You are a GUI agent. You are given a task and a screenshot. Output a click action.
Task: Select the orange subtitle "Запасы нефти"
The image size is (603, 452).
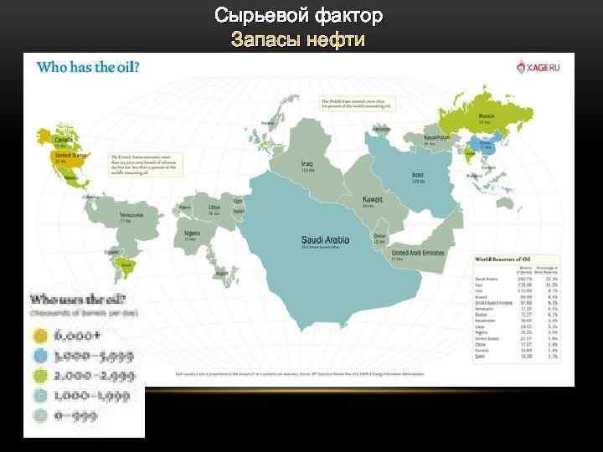(298, 39)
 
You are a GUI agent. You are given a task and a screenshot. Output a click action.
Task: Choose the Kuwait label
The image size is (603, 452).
(372, 200)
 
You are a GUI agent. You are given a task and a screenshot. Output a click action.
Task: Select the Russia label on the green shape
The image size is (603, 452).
(484, 116)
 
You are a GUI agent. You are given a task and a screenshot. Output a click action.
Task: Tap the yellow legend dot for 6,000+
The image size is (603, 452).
(39, 336)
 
